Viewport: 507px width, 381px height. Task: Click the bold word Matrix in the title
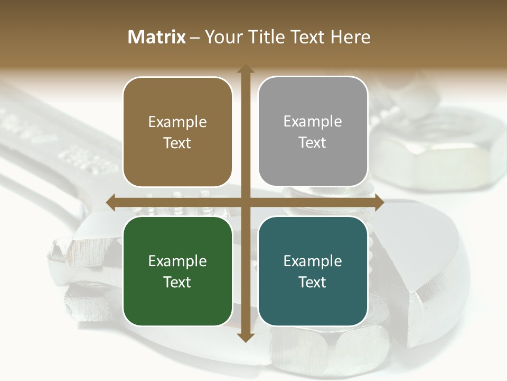tap(157, 37)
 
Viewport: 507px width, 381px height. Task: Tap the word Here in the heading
tap(350, 37)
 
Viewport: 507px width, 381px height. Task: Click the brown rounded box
tap(177, 132)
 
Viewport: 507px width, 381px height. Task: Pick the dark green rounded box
tap(177, 271)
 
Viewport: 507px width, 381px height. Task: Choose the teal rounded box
tap(313, 271)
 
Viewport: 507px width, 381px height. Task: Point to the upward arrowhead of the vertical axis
tap(245, 69)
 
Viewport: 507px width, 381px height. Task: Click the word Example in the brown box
tap(177, 122)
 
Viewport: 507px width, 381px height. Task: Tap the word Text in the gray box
tap(313, 142)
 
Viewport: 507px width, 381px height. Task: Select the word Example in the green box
tap(177, 261)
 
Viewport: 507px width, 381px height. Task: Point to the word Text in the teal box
tap(313, 282)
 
